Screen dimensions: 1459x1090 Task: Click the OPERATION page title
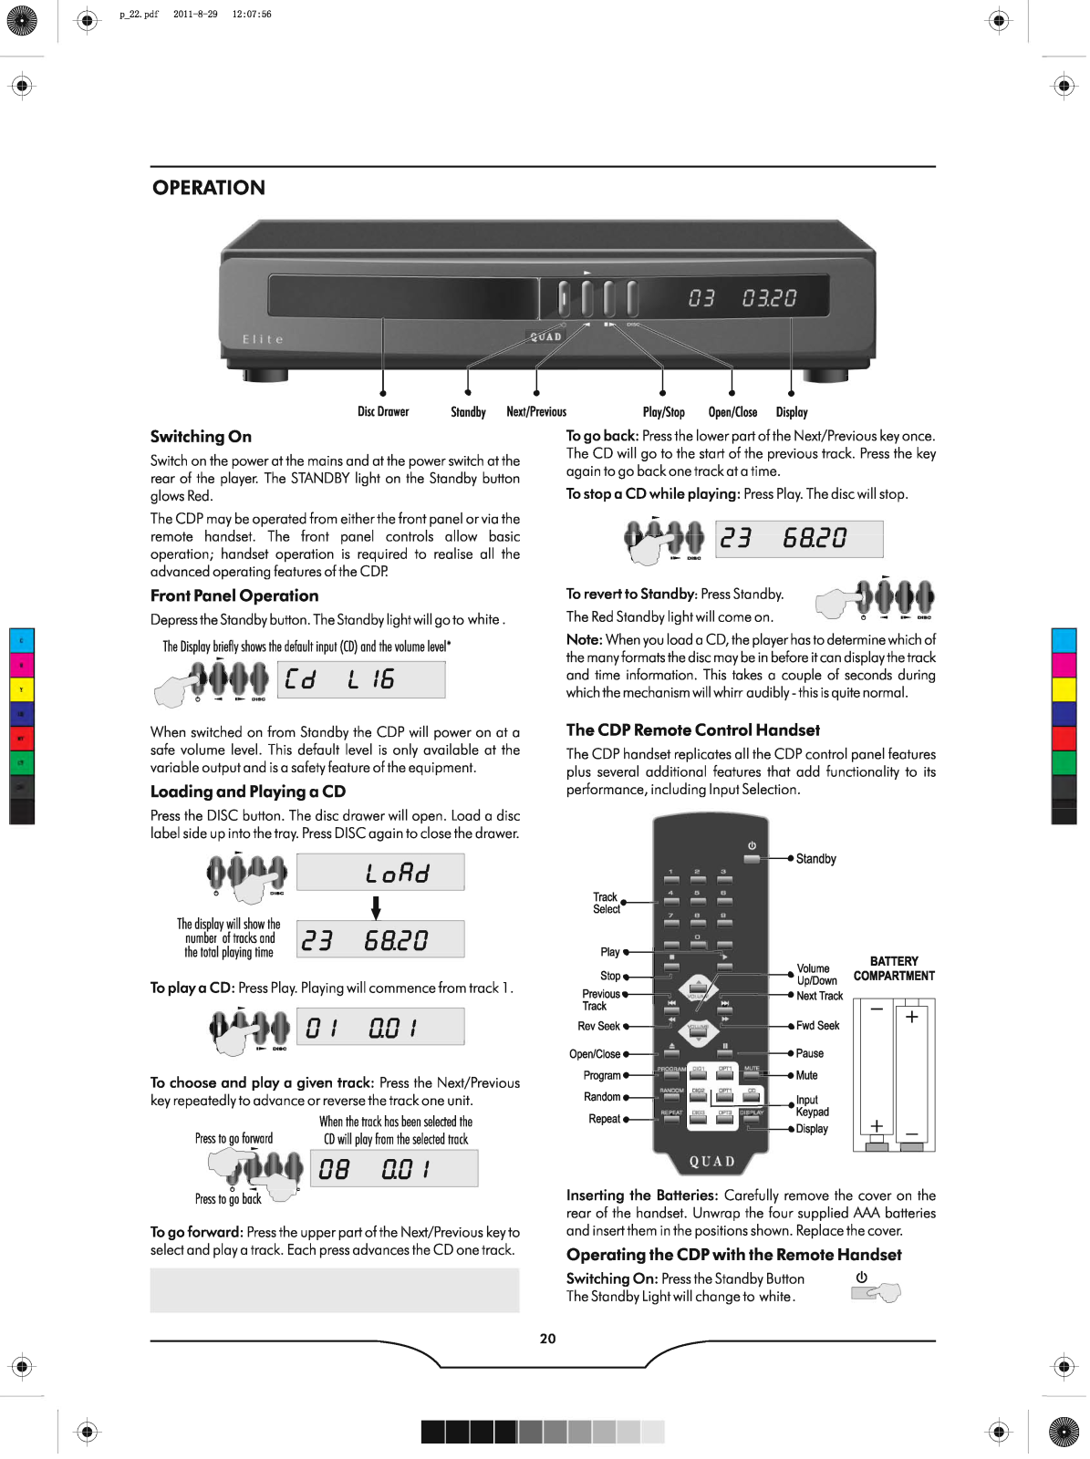point(209,188)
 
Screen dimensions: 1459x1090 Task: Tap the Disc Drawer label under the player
point(383,412)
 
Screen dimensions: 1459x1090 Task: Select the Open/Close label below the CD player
point(732,412)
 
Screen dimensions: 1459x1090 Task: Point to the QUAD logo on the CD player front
point(546,336)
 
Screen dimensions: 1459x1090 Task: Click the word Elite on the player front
point(263,339)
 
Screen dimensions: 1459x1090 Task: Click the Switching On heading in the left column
point(201,437)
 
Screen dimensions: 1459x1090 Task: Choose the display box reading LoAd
point(380,873)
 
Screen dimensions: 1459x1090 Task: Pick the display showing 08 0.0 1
point(398,1169)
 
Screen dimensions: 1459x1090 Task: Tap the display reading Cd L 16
point(360,679)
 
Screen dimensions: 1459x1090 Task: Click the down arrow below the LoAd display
point(375,907)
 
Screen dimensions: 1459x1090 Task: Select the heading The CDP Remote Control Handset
point(692,729)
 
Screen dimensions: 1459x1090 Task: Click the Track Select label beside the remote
point(606,903)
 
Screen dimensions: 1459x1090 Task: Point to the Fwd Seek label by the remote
point(817,1026)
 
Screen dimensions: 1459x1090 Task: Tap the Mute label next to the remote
point(806,1076)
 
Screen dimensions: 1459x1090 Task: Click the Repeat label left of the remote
point(604,1119)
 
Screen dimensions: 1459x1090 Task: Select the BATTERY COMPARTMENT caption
point(894,968)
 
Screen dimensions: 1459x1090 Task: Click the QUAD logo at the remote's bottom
point(711,1161)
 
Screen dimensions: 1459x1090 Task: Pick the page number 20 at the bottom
point(547,1339)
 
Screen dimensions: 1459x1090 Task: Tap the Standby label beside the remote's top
point(815,859)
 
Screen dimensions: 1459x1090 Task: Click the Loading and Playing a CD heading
point(248,792)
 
